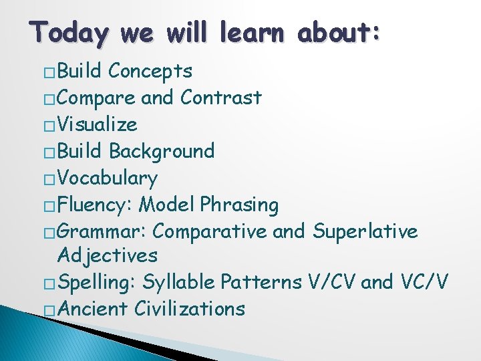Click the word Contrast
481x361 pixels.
click(220, 98)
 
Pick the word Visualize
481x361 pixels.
click(98, 124)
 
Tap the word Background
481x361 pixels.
click(162, 151)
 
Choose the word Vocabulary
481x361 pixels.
click(108, 178)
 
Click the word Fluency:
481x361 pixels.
click(96, 205)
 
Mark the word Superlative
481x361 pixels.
click(365, 232)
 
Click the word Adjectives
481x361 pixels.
click(108, 255)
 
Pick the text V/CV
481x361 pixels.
click(331, 282)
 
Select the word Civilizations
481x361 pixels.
click(190, 309)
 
